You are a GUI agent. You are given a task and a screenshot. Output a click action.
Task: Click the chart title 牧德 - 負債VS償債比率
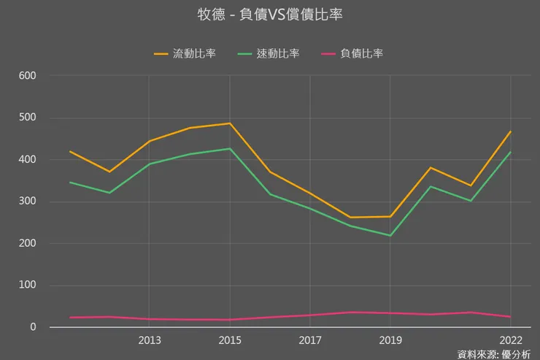tap(269, 15)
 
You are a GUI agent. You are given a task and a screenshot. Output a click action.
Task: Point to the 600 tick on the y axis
tap(28, 75)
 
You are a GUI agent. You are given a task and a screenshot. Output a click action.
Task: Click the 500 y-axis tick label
tap(28, 118)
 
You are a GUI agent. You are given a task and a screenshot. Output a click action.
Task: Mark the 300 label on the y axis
tap(28, 202)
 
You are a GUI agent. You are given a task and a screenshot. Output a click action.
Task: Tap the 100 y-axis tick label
tap(28, 286)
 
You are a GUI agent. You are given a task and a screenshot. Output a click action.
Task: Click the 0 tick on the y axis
tap(33, 327)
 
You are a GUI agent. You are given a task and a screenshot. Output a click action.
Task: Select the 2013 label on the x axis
tap(150, 340)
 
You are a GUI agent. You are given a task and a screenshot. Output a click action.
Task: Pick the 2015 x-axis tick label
tap(230, 340)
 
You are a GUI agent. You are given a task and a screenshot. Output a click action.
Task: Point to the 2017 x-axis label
tap(310, 340)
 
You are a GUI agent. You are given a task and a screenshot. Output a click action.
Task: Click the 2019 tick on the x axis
tap(390, 340)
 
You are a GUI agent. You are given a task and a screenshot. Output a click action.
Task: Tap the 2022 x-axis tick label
tap(510, 340)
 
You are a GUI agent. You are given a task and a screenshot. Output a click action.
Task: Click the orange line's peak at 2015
tap(230, 123)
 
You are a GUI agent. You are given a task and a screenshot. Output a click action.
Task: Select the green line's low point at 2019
tap(390, 236)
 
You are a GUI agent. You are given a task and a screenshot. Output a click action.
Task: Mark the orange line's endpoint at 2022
tap(511, 131)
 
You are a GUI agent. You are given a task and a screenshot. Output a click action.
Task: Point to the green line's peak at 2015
tap(230, 148)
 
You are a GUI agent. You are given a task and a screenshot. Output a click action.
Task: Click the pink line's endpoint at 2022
tap(511, 317)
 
